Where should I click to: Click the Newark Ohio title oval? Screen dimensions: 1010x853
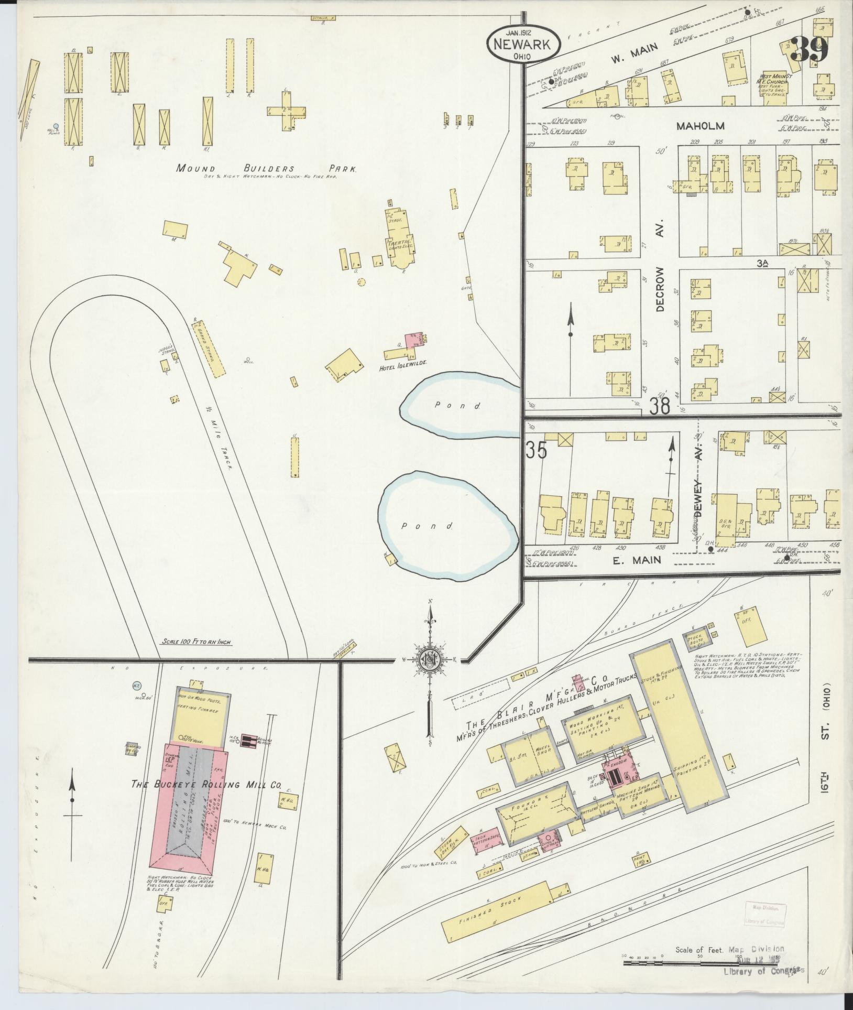click(523, 44)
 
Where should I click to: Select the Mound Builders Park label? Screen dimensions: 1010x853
click(266, 169)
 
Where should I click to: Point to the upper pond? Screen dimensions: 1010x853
click(458, 404)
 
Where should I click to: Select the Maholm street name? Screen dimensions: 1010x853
click(700, 126)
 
